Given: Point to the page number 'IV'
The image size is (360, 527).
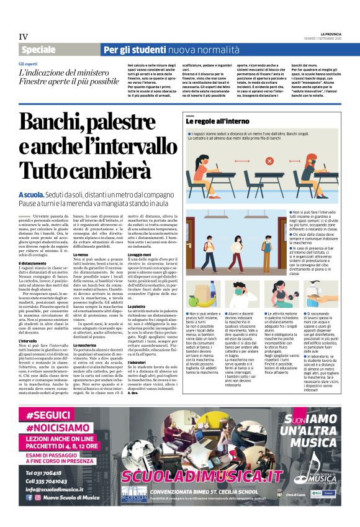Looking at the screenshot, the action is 24,37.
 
